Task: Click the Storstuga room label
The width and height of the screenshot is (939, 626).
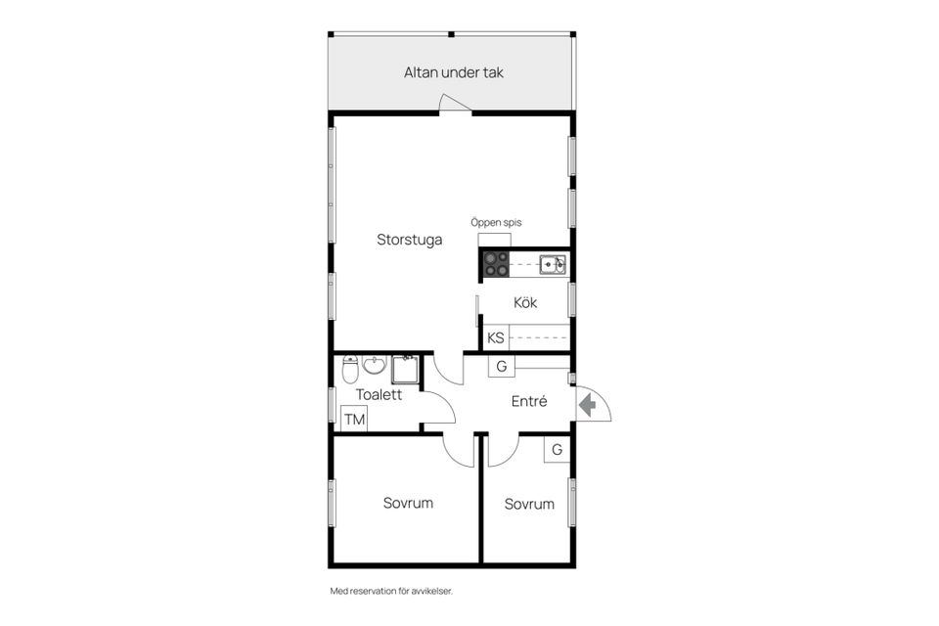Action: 410,240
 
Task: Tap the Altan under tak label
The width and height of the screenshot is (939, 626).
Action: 453,72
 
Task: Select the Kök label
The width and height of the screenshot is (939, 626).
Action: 525,302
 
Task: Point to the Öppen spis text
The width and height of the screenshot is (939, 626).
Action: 496,222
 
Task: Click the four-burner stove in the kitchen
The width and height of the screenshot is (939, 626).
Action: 497,264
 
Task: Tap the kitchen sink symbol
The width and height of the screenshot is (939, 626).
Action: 552,264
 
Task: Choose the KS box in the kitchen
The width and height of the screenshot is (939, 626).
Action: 496,337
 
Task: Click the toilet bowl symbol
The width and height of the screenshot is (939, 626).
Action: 350,370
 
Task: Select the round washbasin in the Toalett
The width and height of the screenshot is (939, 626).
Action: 375,365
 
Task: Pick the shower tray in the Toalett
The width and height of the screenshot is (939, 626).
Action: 406,370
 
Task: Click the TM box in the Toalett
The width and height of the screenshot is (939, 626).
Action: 354,419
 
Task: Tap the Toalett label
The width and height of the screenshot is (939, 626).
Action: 380,394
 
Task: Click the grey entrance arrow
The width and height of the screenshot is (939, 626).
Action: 588,404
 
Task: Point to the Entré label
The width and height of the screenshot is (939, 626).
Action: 529,401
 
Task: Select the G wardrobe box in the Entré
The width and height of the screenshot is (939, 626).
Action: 502,366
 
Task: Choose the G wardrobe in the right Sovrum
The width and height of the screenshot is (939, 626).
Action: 557,450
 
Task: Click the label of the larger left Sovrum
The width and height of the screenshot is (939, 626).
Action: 409,503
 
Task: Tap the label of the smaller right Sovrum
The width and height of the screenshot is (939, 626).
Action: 529,504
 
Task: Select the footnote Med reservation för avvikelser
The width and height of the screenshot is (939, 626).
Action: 391,591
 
